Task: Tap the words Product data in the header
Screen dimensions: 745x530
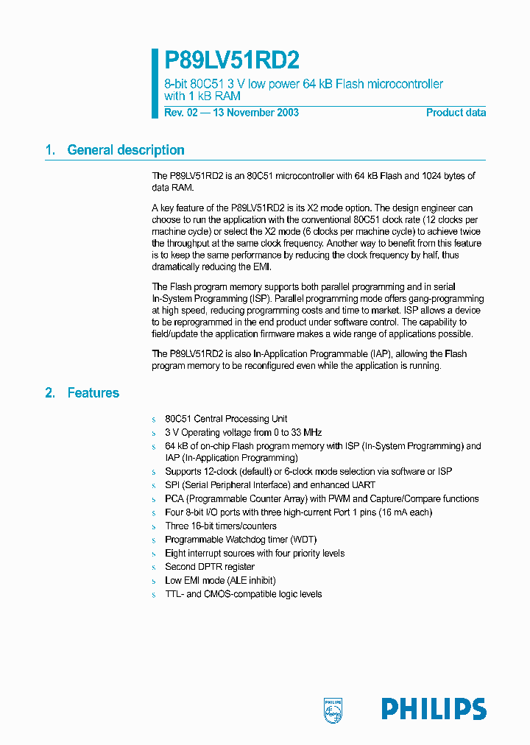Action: pyautogui.click(x=456, y=113)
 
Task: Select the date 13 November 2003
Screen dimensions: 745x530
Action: pyautogui.click(x=257, y=113)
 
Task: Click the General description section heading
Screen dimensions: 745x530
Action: pyautogui.click(x=126, y=150)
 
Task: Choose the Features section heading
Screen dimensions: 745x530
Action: pyautogui.click(x=93, y=393)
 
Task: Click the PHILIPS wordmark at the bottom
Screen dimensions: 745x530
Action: pyautogui.click(x=434, y=709)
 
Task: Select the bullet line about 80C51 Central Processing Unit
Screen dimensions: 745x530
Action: pyautogui.click(x=226, y=419)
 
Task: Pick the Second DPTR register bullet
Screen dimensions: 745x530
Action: pyautogui.click(x=210, y=567)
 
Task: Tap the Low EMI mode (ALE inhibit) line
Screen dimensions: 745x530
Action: pyautogui.click(x=222, y=580)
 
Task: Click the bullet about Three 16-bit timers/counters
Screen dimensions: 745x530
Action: pyautogui.click(x=221, y=526)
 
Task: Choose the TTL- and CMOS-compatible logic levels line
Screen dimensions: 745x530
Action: pyautogui.click(x=244, y=594)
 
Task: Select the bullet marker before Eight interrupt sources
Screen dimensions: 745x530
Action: pyautogui.click(x=155, y=554)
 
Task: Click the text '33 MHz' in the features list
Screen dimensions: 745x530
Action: pyautogui.click(x=306, y=432)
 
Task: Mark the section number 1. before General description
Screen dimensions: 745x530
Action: pyautogui.click(x=50, y=150)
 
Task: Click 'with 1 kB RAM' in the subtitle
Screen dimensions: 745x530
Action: pyautogui.click(x=202, y=96)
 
